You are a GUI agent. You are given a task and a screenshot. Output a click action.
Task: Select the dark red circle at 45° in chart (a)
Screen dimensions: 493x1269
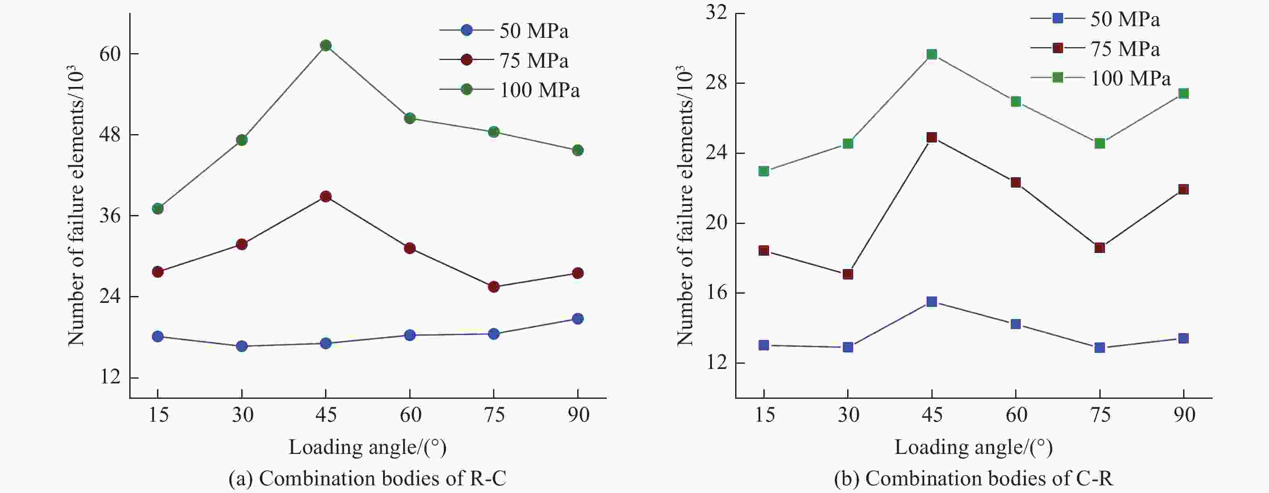tap(326, 197)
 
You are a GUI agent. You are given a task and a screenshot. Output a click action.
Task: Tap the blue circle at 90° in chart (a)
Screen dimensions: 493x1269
tap(578, 319)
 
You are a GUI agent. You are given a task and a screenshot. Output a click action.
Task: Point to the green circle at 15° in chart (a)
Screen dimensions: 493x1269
tap(158, 209)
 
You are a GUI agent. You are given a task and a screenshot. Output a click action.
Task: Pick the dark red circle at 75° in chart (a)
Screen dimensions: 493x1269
tap(493, 287)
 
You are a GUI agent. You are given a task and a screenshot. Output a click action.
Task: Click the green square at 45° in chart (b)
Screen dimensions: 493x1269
tap(931, 54)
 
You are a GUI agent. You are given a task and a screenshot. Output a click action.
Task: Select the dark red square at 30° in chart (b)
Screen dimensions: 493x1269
tap(848, 274)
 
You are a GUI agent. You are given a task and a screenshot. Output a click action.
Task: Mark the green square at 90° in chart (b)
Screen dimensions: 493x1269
tap(1183, 93)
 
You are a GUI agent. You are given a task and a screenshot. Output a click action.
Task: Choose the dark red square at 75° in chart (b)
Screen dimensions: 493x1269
tap(1099, 248)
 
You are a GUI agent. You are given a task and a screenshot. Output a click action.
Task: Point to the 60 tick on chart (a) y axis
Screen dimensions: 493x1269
tap(110, 54)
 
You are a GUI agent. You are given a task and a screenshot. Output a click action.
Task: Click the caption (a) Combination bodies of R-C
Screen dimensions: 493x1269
tap(367, 478)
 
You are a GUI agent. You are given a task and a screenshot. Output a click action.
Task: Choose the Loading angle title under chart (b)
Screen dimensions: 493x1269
tap(973, 447)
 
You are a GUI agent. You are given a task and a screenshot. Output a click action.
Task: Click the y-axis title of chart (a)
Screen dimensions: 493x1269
tap(77, 205)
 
